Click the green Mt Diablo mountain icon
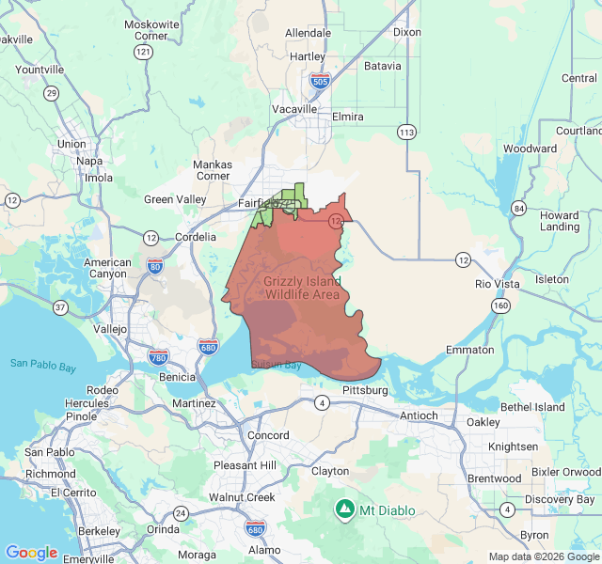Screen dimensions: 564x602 tap(345, 509)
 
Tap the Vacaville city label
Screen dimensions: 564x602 tap(295, 109)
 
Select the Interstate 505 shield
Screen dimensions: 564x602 tap(320, 82)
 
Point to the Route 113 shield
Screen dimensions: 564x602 tap(405, 132)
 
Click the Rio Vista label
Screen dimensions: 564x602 tap(498, 283)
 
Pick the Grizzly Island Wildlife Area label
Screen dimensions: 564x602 tap(302, 288)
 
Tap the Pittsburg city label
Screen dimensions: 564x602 tap(365, 389)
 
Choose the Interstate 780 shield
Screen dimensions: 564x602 tap(159, 356)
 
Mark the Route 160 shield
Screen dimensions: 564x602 tap(501, 305)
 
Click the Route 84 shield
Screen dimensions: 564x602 tap(519, 207)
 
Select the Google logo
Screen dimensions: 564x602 tap(31, 553)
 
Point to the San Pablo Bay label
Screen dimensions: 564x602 tap(43, 364)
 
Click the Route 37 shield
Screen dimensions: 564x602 tap(60, 307)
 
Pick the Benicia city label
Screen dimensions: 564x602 tap(179, 376)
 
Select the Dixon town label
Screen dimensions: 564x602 tap(407, 32)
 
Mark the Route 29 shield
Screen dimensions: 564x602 tap(51, 92)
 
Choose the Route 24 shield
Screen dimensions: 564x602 tap(180, 512)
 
